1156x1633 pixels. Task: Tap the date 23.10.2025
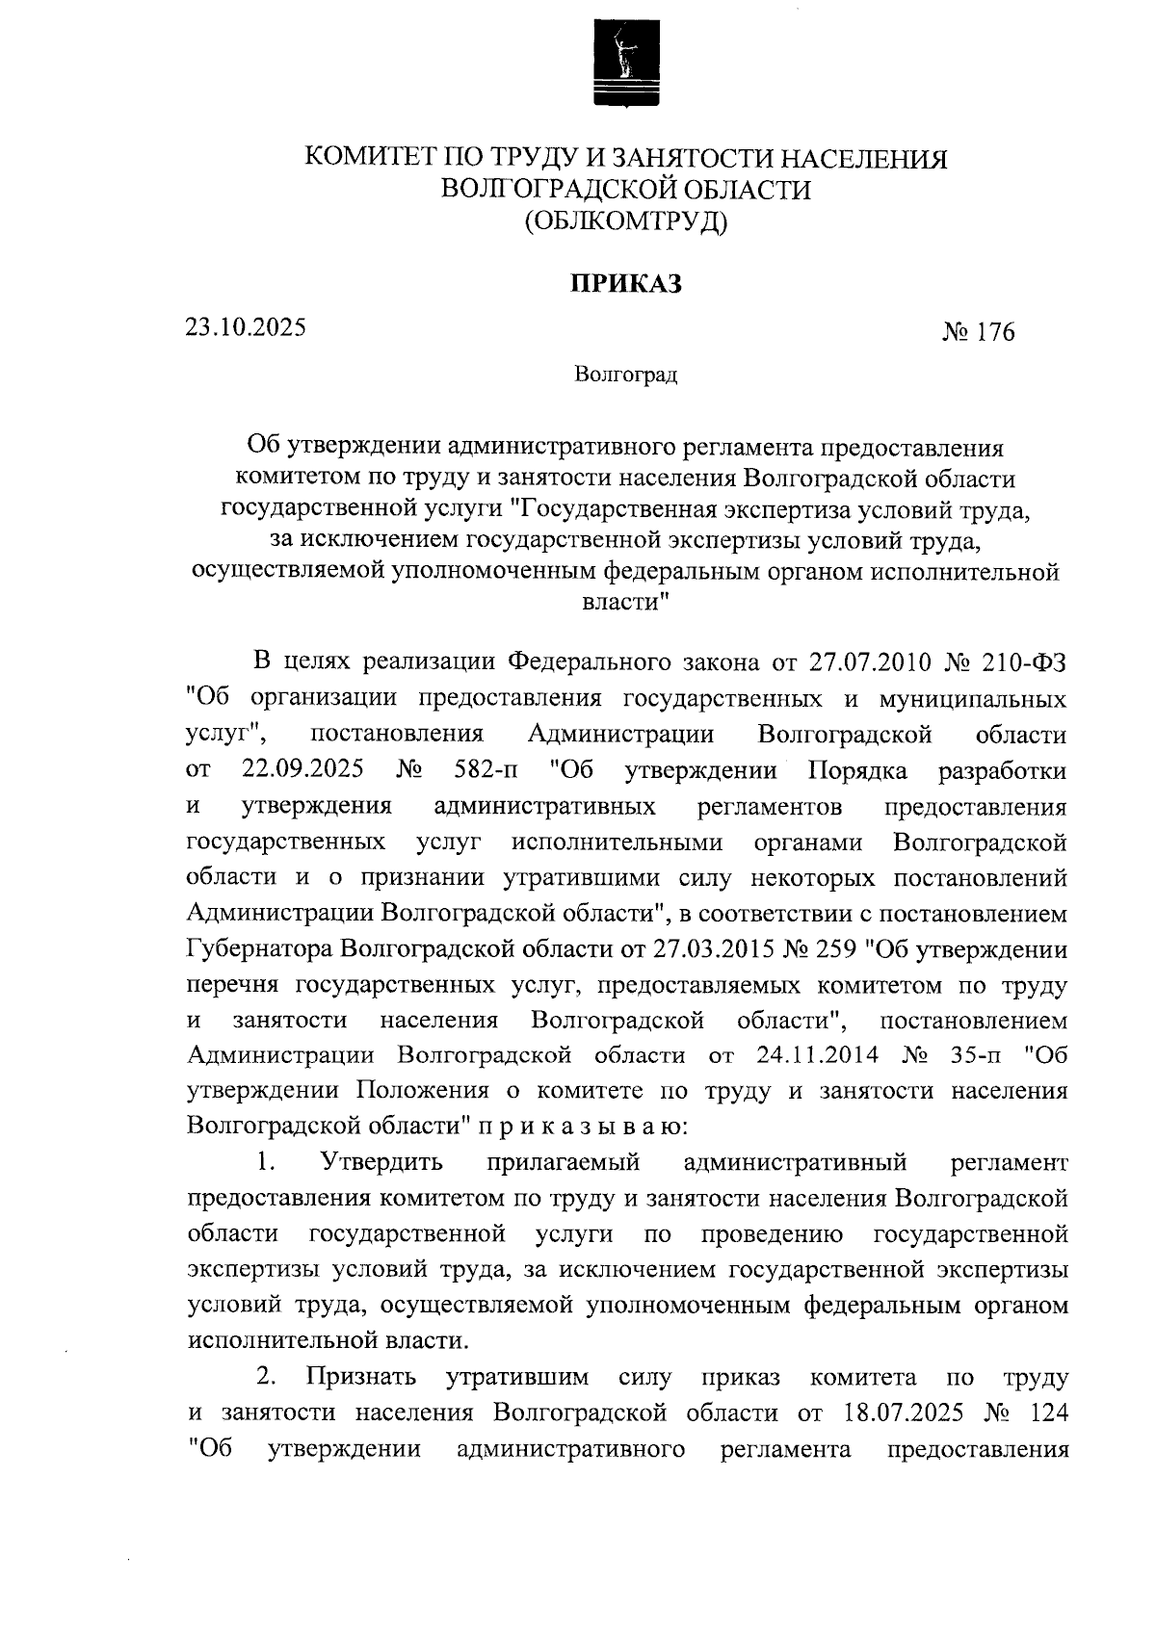(247, 327)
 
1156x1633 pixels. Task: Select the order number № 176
(978, 333)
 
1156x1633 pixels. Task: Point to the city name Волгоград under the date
(626, 375)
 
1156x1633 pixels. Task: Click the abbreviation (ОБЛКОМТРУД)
(626, 222)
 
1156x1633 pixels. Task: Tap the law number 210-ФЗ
(1024, 662)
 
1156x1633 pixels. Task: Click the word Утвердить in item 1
(381, 1162)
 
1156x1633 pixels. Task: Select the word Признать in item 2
(361, 1377)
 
